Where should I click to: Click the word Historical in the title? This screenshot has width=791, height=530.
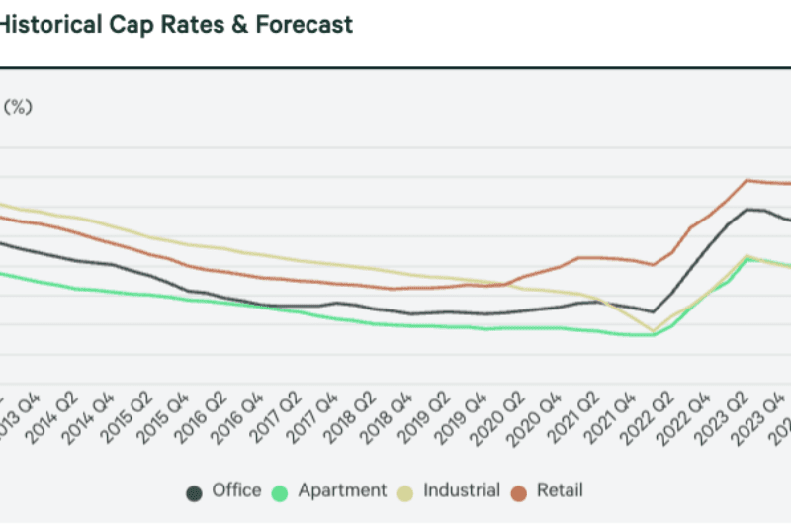49,25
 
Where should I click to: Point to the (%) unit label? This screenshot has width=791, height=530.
19,108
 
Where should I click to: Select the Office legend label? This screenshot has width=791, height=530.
236,490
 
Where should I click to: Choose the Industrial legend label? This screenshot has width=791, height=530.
461,490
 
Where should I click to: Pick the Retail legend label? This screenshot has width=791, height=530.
560,490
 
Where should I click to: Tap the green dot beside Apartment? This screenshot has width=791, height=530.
282,491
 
